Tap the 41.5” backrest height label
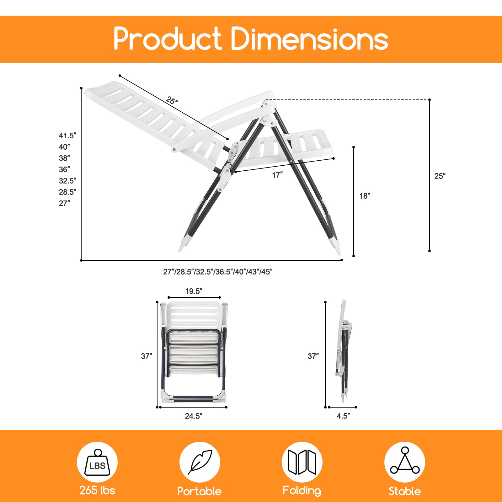(67, 136)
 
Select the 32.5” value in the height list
(67, 181)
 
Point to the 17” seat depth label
(277, 175)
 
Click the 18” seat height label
(365, 196)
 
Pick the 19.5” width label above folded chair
(194, 291)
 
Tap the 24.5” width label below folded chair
(194, 416)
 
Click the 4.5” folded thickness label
(343, 416)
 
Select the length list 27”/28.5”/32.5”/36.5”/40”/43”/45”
(218, 272)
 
